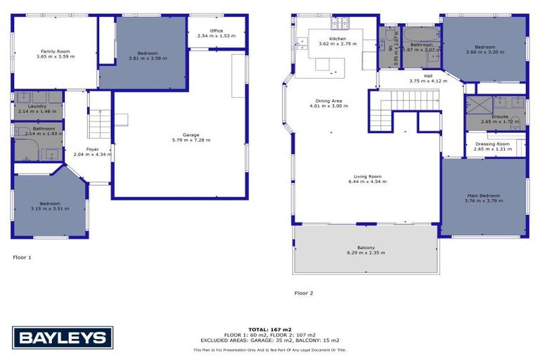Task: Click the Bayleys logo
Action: click(63, 338)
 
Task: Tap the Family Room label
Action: click(56, 51)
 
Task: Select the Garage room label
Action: click(191, 134)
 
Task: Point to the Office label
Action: click(215, 30)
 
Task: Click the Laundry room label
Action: click(37, 106)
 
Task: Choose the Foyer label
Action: click(93, 149)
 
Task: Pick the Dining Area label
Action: click(328, 101)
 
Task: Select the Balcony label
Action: click(365, 247)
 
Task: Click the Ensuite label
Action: click(500, 117)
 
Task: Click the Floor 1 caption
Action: click(22, 257)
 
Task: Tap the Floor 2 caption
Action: click(304, 292)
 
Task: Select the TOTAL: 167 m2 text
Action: click(270, 329)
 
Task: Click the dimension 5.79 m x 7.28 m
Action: click(191, 140)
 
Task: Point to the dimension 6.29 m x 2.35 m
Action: click(365, 252)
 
